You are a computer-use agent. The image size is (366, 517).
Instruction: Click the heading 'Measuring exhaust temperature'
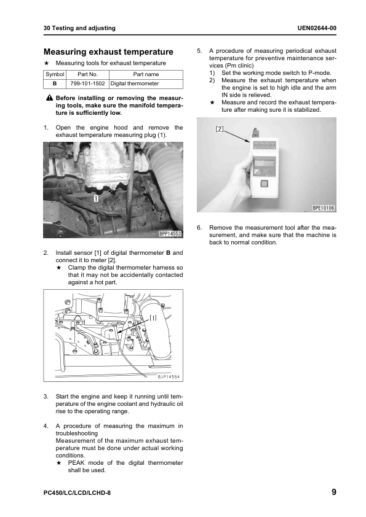108,52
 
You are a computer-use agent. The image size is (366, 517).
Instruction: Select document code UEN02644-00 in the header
317,28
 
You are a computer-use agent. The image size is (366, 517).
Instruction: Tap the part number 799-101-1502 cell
87,84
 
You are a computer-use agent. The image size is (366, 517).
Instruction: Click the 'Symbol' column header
55,74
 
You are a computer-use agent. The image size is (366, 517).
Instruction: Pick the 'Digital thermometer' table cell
146,84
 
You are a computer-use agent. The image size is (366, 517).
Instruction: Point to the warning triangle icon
50,98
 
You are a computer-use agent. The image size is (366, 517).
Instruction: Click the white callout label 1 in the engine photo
96,198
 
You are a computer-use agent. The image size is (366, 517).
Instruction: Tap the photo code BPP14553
170,234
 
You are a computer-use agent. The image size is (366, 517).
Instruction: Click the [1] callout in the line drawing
153,318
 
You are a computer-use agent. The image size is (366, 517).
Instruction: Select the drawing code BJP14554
169,376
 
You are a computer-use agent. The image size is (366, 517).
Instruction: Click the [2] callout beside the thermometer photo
220,129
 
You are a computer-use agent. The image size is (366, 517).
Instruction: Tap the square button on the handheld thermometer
265,184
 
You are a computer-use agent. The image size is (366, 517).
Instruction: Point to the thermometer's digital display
265,145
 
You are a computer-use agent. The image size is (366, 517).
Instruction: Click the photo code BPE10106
324,208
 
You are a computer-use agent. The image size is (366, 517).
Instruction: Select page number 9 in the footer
334,492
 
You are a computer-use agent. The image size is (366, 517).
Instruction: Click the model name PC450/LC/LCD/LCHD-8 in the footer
77,493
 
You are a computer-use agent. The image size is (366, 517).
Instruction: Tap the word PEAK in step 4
76,462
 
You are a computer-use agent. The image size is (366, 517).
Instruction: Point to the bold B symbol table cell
55,84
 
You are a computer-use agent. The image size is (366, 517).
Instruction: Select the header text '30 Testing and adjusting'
79,28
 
